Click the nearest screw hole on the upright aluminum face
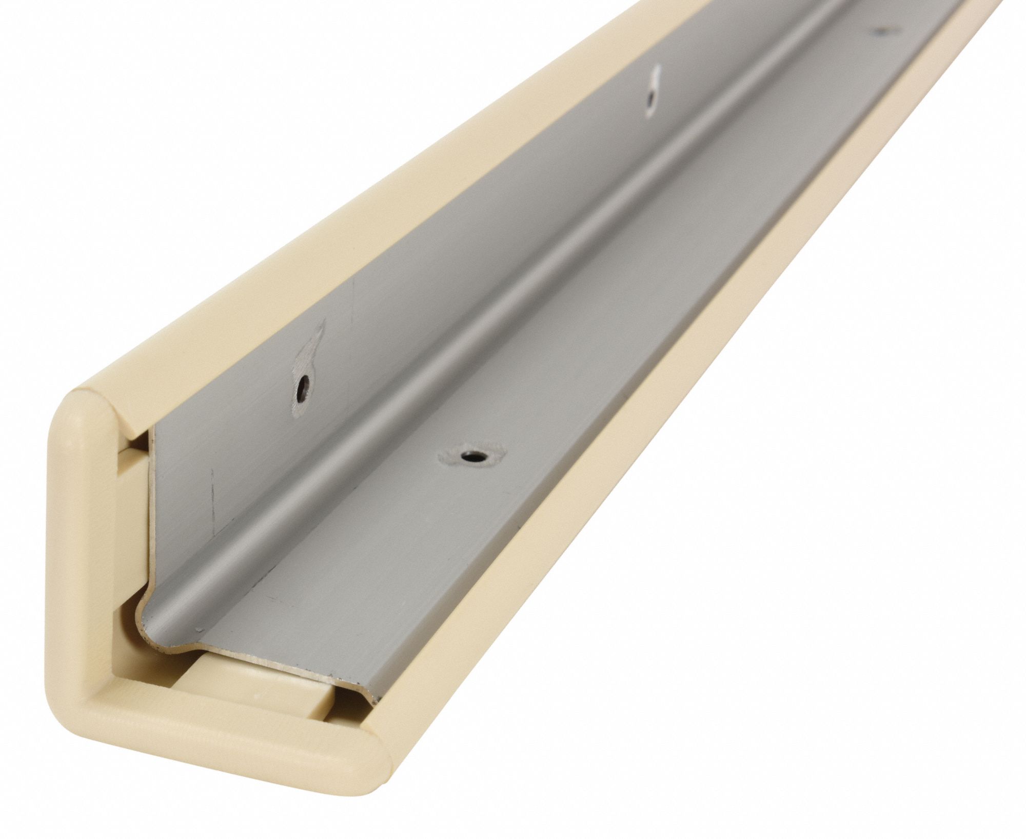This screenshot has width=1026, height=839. tap(305, 383)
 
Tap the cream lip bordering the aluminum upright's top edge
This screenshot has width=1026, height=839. tap(359, 256)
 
